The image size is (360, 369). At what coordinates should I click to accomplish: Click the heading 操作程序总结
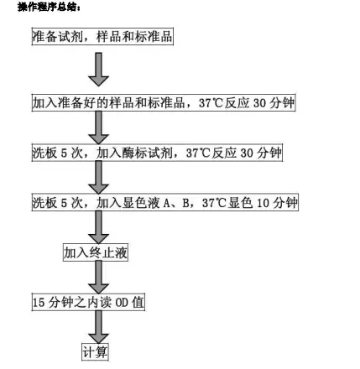50,7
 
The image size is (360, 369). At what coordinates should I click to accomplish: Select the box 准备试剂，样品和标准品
102,36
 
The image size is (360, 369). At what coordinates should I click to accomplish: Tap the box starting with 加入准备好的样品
164,102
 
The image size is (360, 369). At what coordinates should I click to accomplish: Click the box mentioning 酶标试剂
157,153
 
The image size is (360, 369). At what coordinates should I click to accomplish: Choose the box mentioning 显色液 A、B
164,202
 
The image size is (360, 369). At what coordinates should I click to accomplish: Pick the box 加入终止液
96,252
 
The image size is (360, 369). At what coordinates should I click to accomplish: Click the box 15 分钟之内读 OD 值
88,302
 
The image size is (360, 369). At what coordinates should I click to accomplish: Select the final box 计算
95,352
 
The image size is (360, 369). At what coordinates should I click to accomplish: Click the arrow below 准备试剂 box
98,70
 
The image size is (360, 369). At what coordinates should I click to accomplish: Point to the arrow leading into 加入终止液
98,227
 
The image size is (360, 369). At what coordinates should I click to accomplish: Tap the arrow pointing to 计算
98,327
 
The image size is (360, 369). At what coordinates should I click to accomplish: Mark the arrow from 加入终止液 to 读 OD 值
98,278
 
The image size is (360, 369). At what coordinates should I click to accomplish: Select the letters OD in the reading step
122,303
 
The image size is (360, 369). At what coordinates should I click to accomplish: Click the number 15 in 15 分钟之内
39,303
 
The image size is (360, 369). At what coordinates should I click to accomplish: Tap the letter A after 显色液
167,203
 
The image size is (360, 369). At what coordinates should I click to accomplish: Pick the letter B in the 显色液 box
186,203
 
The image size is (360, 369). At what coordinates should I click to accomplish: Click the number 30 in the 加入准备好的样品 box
259,103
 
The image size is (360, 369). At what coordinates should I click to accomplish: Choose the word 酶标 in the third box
134,153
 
